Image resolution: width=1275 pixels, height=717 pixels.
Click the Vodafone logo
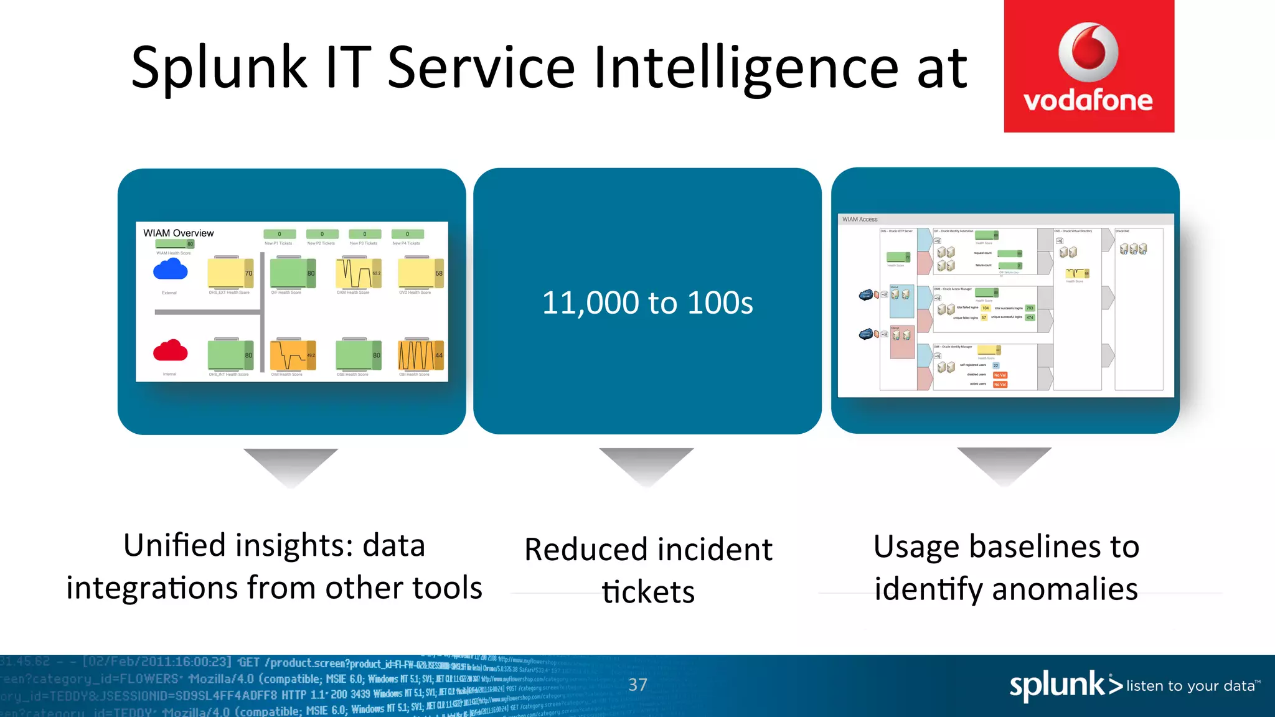(x=1089, y=66)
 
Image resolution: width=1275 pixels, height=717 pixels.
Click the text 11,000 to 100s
(x=647, y=303)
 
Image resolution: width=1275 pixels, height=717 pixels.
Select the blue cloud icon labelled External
(x=170, y=269)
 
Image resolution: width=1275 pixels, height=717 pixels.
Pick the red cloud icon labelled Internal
(x=170, y=351)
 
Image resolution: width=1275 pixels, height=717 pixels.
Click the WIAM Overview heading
(x=179, y=233)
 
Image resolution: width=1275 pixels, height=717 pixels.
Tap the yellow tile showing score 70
(x=230, y=273)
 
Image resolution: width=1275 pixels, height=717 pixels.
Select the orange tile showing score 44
(x=420, y=355)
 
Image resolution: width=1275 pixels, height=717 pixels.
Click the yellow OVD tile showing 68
(x=420, y=273)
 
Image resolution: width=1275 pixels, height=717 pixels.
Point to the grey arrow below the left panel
(x=291, y=466)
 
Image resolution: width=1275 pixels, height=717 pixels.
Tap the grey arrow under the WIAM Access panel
(x=1004, y=464)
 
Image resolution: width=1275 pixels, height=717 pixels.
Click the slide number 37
(x=637, y=685)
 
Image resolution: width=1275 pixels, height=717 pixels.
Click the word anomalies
(x=1065, y=589)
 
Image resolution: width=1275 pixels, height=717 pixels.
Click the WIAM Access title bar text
(x=860, y=219)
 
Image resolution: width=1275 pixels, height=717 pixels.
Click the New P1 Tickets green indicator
(x=279, y=235)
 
